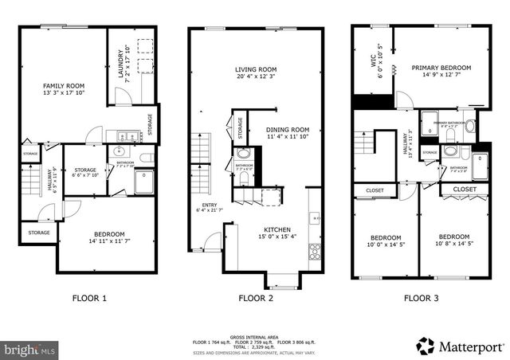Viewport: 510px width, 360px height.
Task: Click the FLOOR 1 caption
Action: pyautogui.click(x=90, y=299)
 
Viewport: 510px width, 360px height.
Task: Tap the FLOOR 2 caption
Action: pyautogui.click(x=256, y=299)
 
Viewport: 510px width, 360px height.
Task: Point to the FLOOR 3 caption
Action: pyautogui.click(x=420, y=299)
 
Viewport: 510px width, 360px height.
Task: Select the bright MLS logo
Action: pyautogui.click(x=30, y=349)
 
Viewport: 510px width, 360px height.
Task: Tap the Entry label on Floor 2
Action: pyautogui.click(x=210, y=208)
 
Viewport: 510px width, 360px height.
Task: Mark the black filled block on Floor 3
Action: pyautogui.click(x=372, y=103)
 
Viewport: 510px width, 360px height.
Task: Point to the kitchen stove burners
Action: pyautogui.click(x=315, y=252)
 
